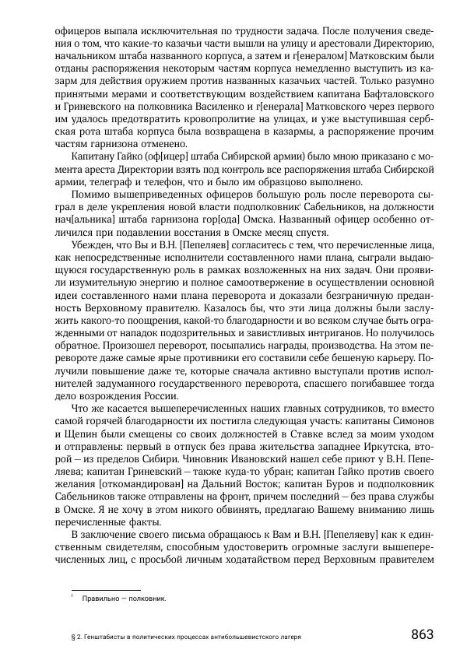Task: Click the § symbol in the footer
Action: (72, 636)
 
